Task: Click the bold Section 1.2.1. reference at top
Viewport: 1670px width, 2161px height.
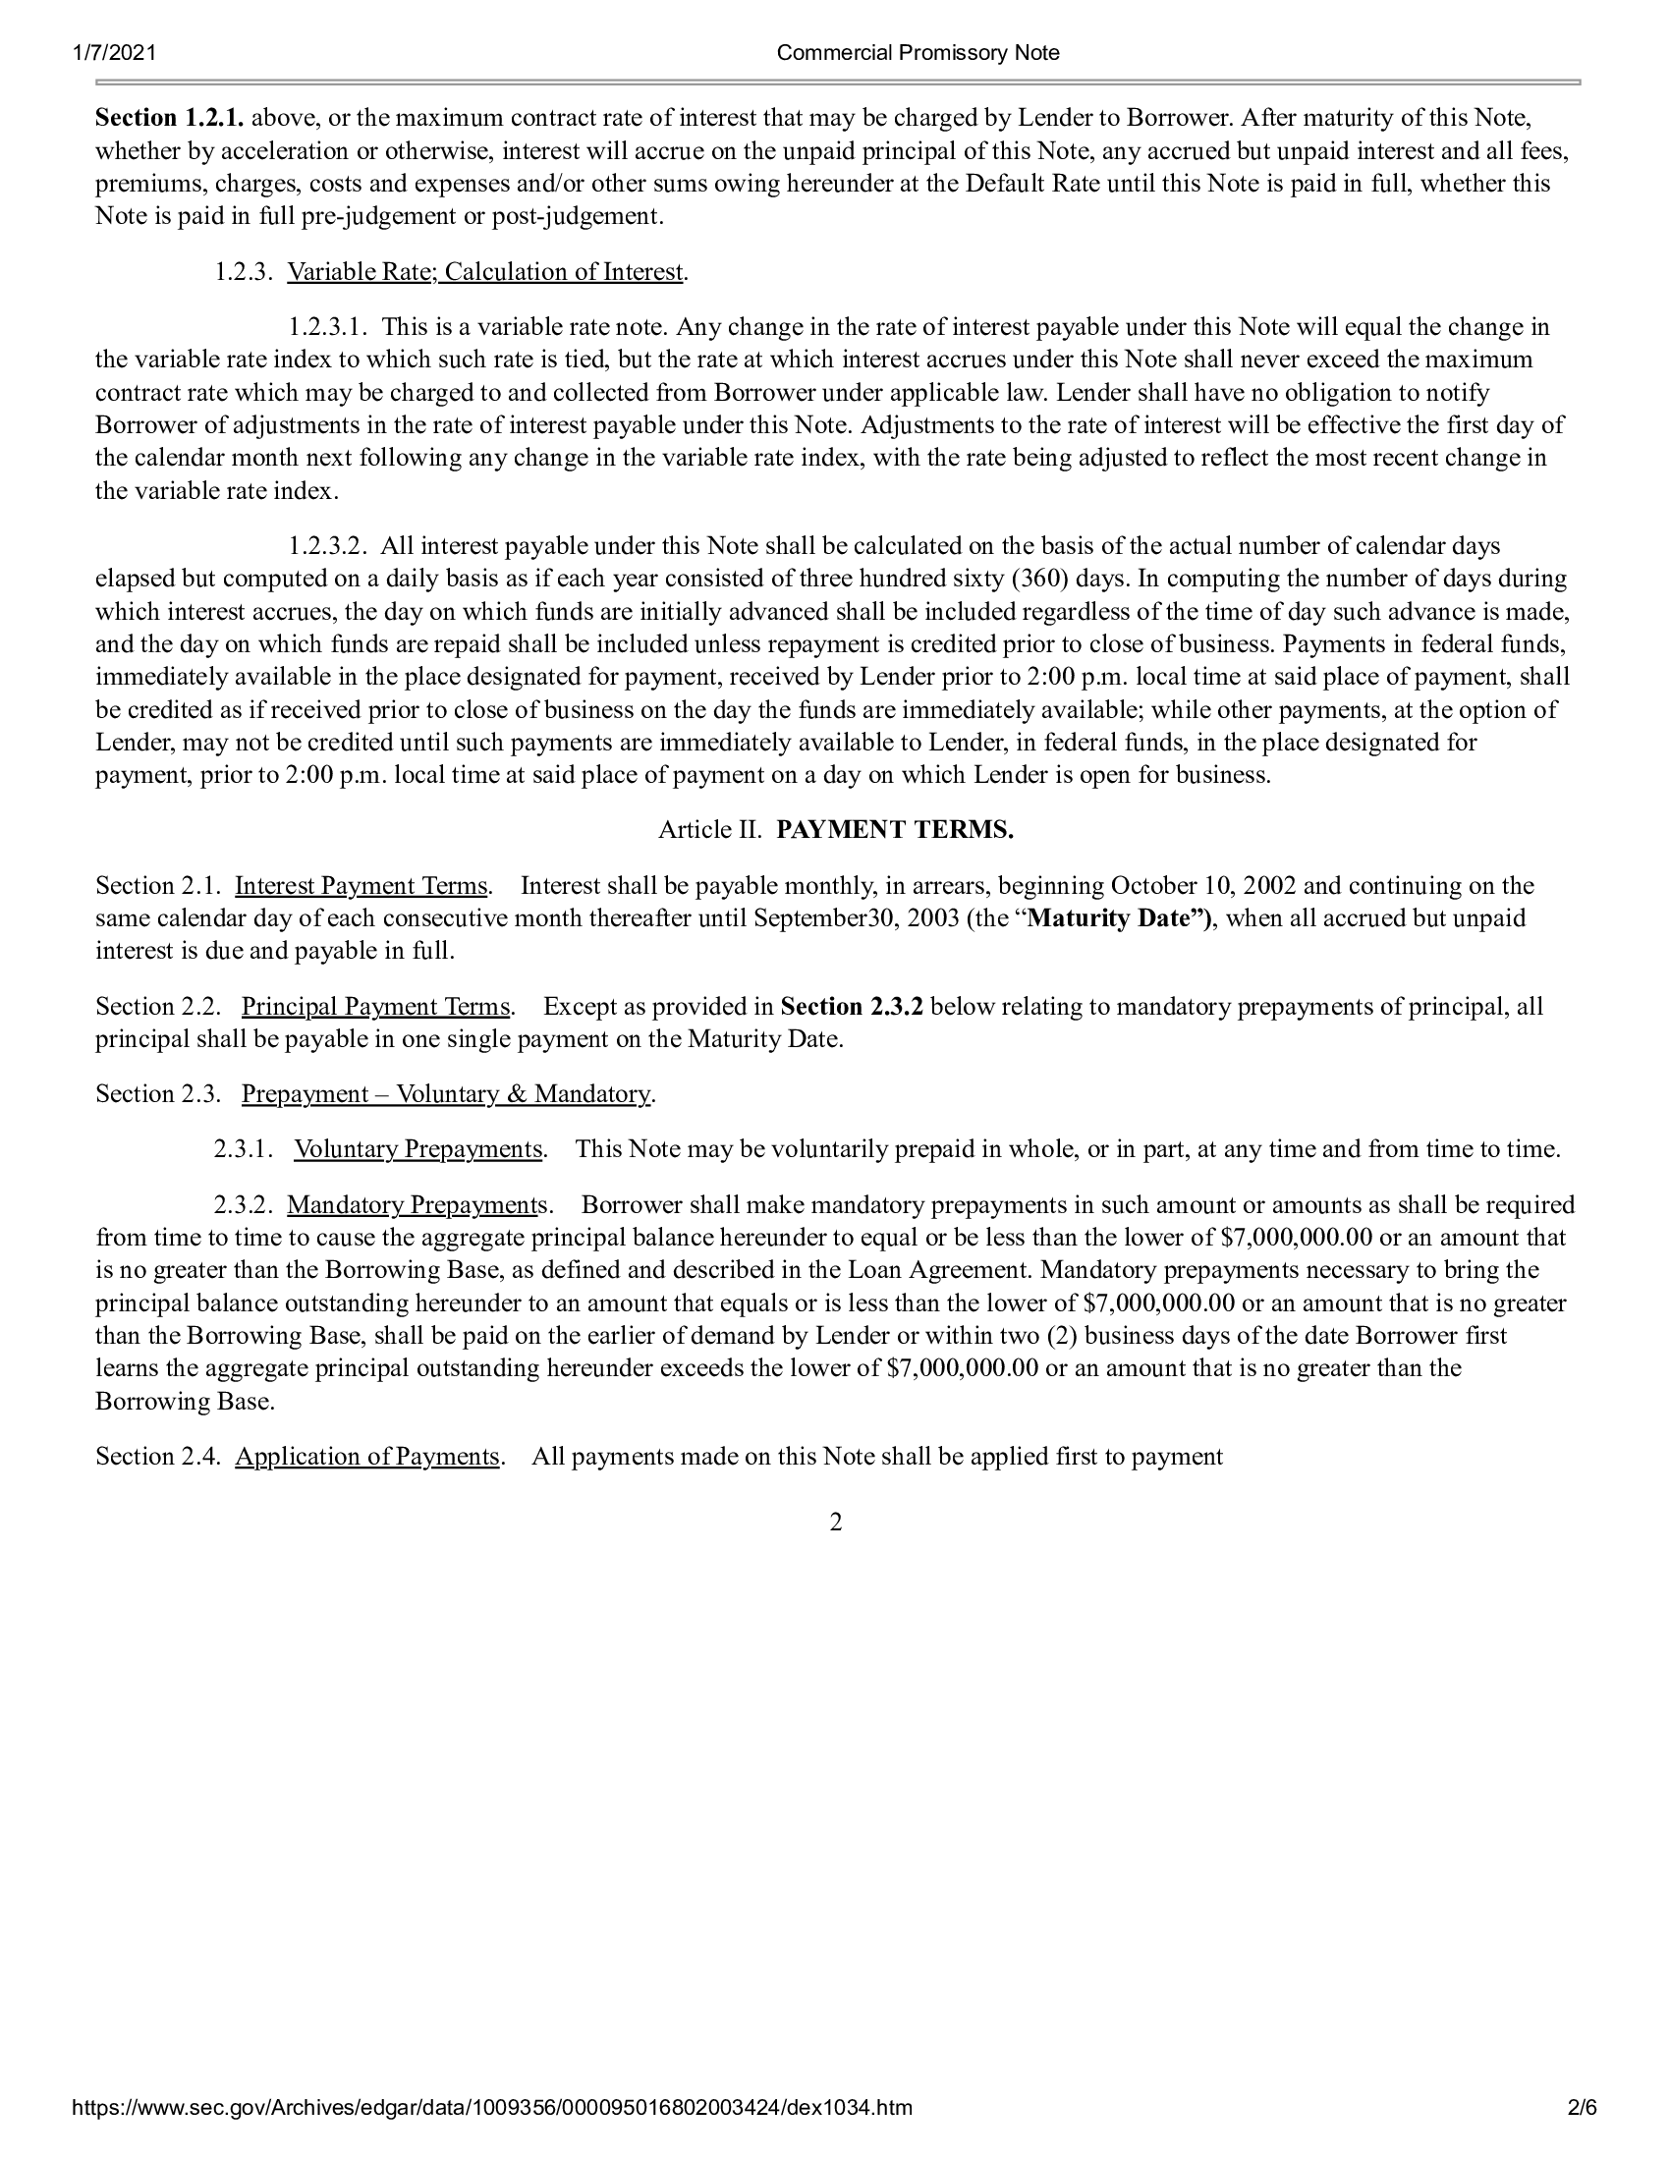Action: pyautogui.click(x=169, y=119)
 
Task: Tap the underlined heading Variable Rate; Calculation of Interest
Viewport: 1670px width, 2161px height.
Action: pyautogui.click(x=484, y=272)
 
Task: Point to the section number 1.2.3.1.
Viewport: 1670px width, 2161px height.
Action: pyautogui.click(x=328, y=327)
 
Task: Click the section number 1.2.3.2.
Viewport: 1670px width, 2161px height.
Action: pyautogui.click(x=328, y=546)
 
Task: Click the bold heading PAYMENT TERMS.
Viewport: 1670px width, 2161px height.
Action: pyautogui.click(x=894, y=830)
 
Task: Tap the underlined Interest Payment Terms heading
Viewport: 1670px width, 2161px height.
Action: pyautogui.click(x=362, y=886)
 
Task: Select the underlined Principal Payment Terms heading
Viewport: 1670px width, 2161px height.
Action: pyautogui.click(x=376, y=1007)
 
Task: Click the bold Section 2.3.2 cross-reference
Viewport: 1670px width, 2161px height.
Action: pyautogui.click(x=851, y=1007)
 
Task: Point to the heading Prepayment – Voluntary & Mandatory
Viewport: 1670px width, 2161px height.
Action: pyautogui.click(x=446, y=1094)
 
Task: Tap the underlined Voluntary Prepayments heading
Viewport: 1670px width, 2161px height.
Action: pyautogui.click(x=417, y=1150)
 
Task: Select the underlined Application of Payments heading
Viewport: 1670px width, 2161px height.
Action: pyautogui.click(x=367, y=1457)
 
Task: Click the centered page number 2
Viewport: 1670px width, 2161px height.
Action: pyautogui.click(x=835, y=1523)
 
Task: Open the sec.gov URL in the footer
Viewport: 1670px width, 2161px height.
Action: pyautogui.click(x=492, y=2135)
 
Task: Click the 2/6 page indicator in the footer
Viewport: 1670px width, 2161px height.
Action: pyautogui.click(x=1582, y=2135)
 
